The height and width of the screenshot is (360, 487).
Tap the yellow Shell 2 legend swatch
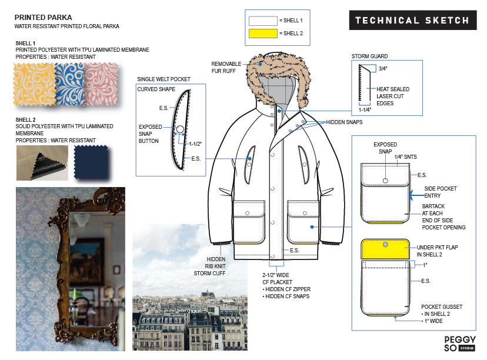pyautogui.click(x=263, y=33)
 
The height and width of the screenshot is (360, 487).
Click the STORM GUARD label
pyautogui.click(x=369, y=56)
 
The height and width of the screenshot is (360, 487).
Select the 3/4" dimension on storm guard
pyautogui.click(x=383, y=68)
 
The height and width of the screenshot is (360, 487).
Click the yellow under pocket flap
pyautogui.click(x=385, y=250)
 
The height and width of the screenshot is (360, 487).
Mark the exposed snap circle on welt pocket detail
pyautogui.click(x=181, y=129)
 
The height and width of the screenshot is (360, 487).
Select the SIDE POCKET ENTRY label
pyautogui.click(x=441, y=192)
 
